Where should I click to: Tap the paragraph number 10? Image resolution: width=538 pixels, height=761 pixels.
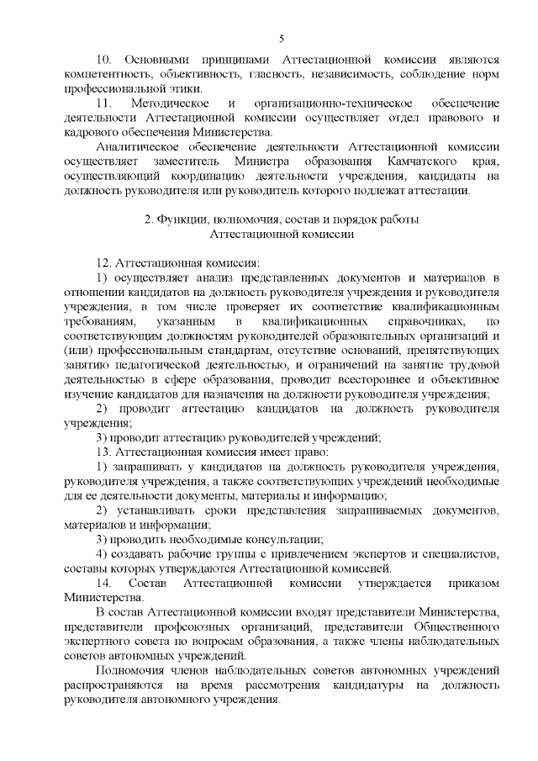104,61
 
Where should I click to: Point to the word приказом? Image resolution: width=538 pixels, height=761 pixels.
472,582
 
